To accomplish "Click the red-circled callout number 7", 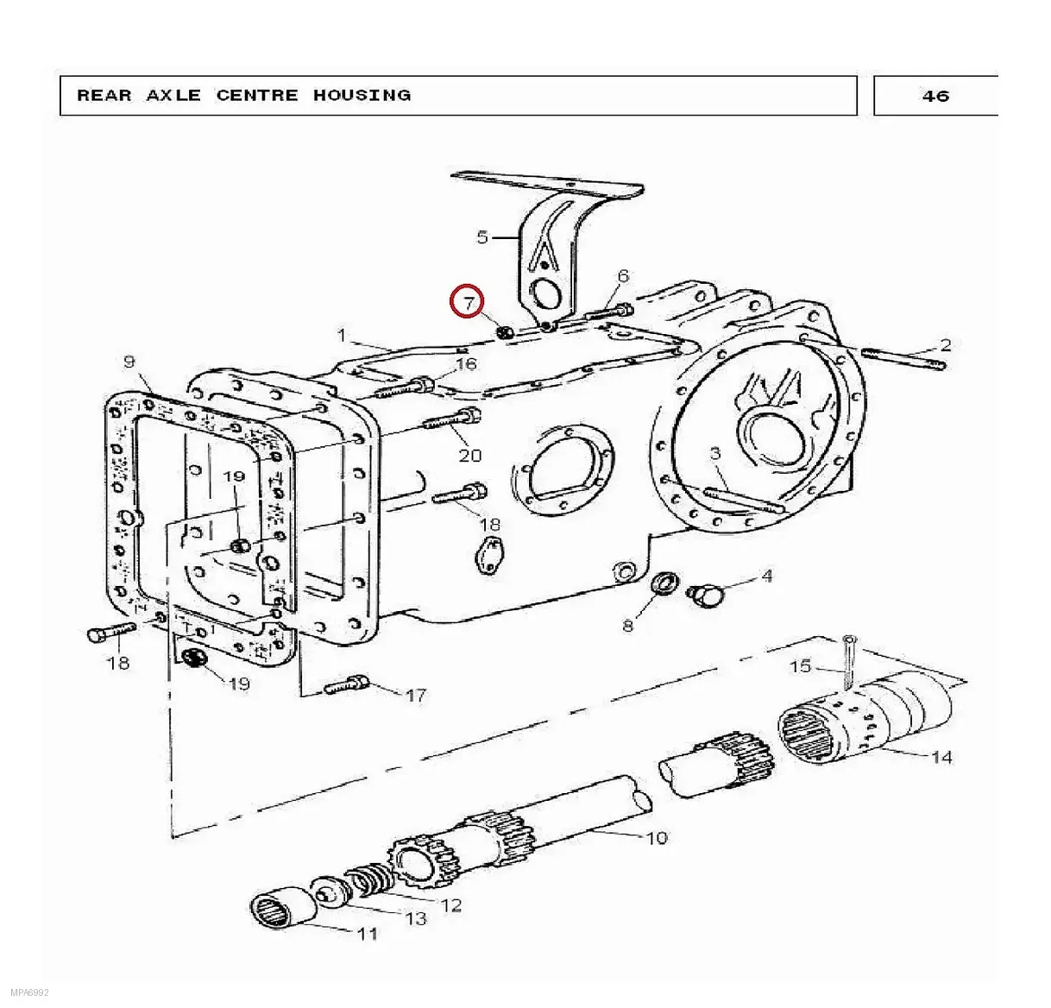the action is (x=468, y=303).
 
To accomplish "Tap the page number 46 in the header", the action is (x=935, y=96).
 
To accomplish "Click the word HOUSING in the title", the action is (x=362, y=96).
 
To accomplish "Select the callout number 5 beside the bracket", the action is (x=482, y=236).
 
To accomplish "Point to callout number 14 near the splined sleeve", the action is (x=942, y=758).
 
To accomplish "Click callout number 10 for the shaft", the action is (x=657, y=838).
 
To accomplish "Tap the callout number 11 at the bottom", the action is (x=368, y=934).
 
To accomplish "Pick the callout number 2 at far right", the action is (x=945, y=344).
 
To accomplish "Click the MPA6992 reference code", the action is (x=24, y=992).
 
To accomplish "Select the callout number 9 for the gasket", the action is (x=129, y=361).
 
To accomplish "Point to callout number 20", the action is (x=470, y=456).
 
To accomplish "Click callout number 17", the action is (x=416, y=696).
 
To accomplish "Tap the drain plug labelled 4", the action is (x=704, y=595).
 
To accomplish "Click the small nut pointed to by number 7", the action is (x=505, y=332).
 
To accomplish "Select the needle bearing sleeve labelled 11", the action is (x=284, y=912).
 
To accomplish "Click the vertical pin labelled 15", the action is (x=848, y=663).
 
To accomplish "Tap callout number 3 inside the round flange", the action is (x=715, y=453).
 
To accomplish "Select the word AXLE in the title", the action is (x=173, y=96).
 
